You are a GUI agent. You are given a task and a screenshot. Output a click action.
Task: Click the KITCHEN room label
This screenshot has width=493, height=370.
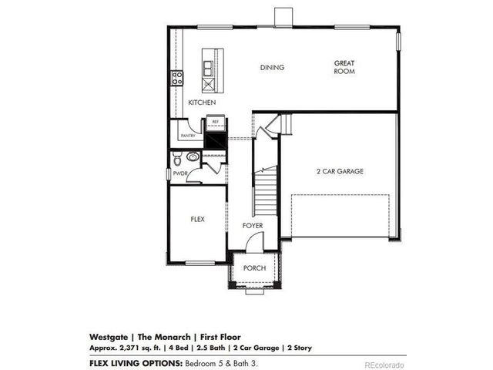point(202,102)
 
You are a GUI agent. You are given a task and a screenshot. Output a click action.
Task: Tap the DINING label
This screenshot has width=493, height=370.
point(272,68)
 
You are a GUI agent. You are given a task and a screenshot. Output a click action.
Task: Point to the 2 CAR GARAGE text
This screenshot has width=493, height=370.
point(339,171)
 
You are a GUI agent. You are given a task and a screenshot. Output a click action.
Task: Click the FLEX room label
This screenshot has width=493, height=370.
point(197,219)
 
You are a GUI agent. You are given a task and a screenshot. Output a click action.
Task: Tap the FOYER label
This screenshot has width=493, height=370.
point(253,226)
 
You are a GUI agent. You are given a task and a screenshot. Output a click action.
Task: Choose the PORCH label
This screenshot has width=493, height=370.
point(254,267)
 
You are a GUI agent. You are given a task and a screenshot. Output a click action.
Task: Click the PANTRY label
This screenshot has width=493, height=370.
point(186,136)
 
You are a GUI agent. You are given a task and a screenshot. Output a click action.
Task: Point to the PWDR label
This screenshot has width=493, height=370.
point(180,174)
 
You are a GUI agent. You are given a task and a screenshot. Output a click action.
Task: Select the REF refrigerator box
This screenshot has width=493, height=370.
point(214,122)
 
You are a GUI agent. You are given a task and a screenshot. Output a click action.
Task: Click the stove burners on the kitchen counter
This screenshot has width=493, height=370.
point(176,77)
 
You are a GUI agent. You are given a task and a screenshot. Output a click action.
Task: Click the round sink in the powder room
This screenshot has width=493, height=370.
point(193,156)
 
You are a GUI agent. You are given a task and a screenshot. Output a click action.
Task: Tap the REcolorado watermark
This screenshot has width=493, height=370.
point(383,363)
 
